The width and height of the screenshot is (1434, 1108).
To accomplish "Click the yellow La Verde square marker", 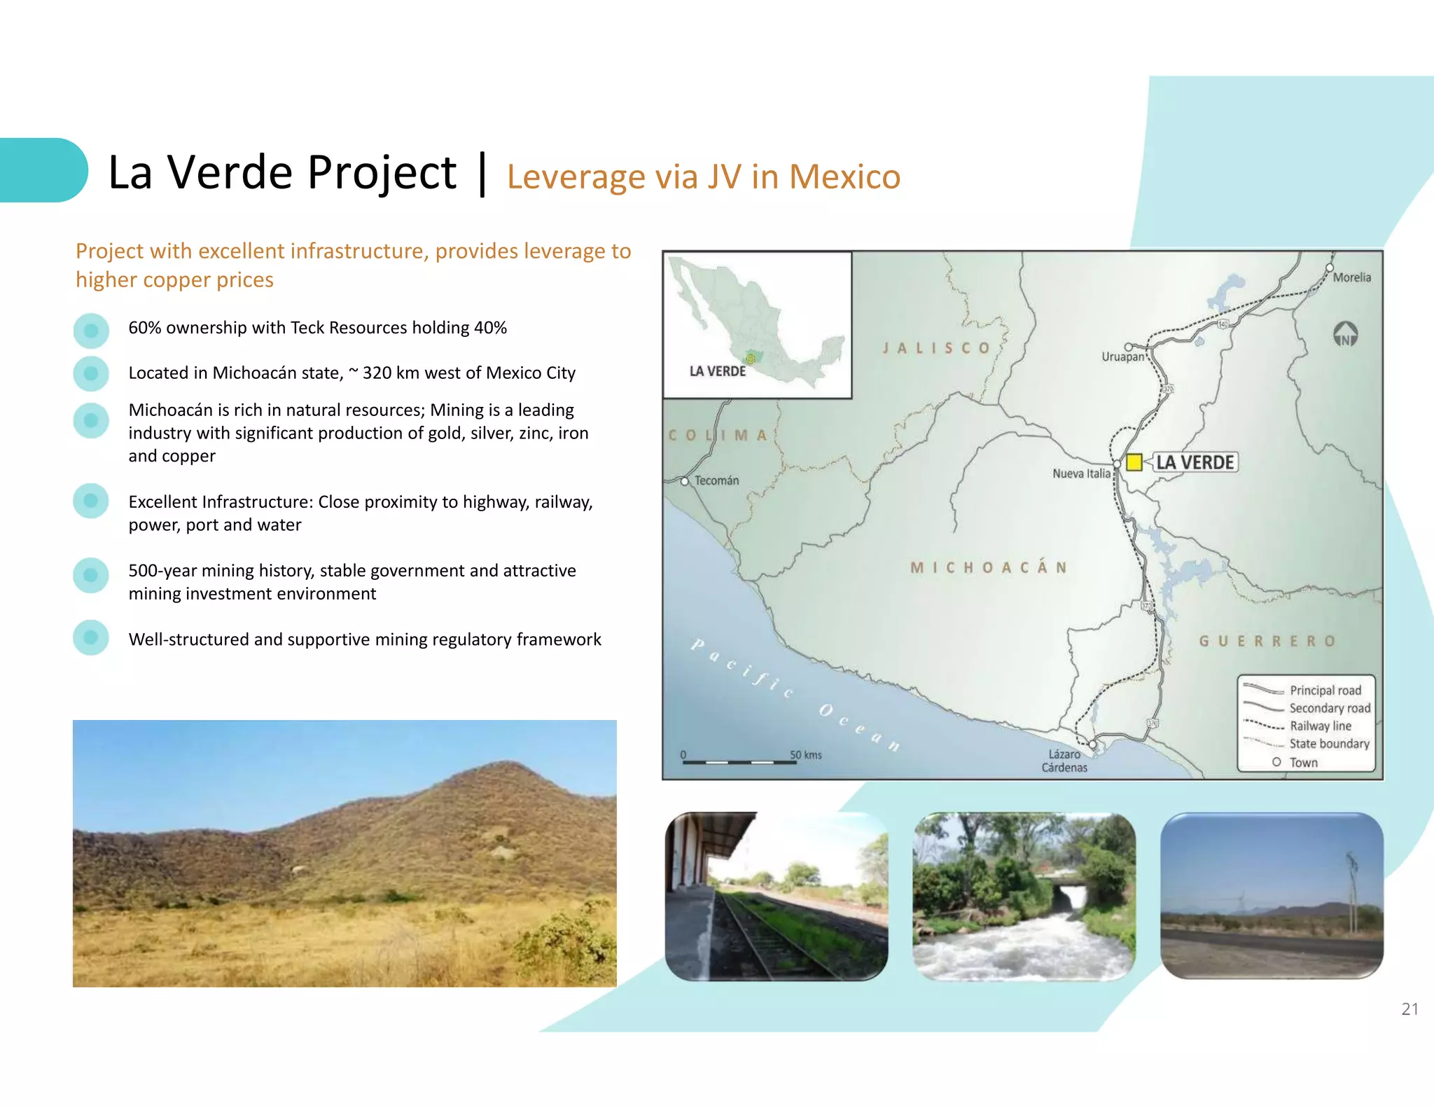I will click(x=1134, y=462).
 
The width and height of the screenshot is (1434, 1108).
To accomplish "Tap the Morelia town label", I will click(x=1351, y=277).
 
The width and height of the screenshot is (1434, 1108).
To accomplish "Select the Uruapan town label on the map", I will click(x=1122, y=356).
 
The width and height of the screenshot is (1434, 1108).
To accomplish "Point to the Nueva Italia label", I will click(x=1081, y=473).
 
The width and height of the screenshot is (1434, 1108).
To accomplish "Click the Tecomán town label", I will click(x=716, y=480).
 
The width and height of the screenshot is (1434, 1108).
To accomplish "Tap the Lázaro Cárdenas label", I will click(x=1064, y=761).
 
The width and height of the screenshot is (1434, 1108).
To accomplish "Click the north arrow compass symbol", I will click(x=1345, y=334).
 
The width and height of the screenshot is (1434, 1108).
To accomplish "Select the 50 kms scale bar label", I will click(x=806, y=755).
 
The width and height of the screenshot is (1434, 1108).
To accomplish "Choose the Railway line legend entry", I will click(x=1320, y=726).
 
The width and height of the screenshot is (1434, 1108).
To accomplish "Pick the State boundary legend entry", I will click(x=1329, y=744).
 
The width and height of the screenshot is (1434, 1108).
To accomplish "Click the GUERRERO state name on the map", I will click(x=1267, y=641).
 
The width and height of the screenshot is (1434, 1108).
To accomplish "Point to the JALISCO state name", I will click(x=936, y=348).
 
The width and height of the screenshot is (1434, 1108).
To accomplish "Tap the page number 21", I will click(x=1409, y=1009).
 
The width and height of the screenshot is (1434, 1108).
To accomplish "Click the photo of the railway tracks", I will click(x=777, y=896).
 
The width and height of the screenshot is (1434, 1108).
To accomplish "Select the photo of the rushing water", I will click(x=1024, y=896).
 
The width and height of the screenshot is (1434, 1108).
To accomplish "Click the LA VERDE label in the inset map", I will click(x=718, y=371).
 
